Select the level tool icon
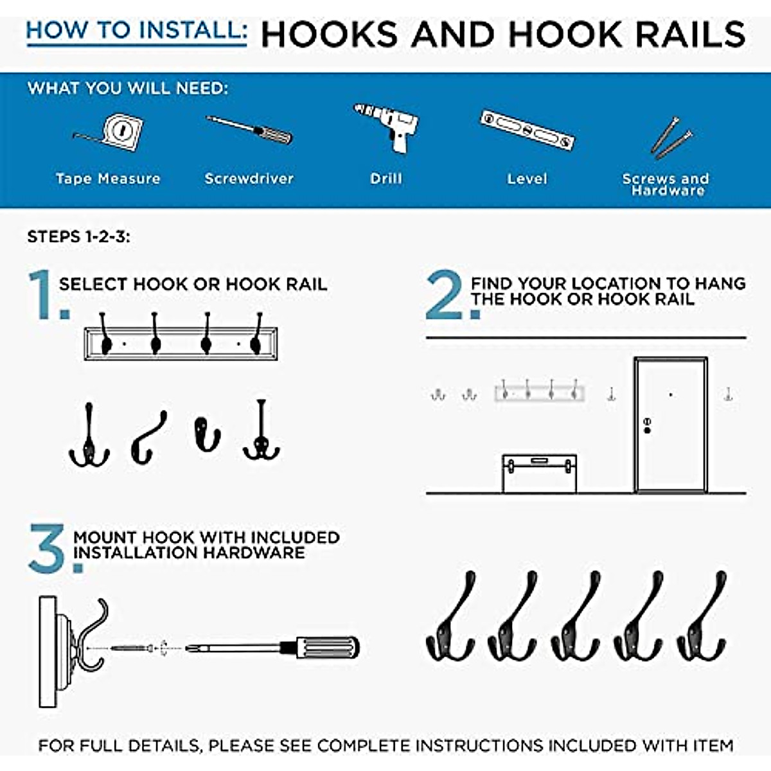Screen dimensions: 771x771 tap(527, 130)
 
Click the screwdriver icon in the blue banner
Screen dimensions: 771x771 tap(249, 130)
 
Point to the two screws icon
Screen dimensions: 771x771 tap(671, 136)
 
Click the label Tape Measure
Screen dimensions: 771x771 tap(108, 179)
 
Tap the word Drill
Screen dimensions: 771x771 tap(386, 179)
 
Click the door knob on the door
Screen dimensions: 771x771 tap(647, 425)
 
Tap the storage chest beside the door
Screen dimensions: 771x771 tap(539, 474)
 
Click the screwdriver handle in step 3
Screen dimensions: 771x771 tap(328, 648)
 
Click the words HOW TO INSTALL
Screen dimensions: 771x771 tap(136, 31)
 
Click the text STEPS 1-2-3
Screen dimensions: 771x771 tap(78, 237)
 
